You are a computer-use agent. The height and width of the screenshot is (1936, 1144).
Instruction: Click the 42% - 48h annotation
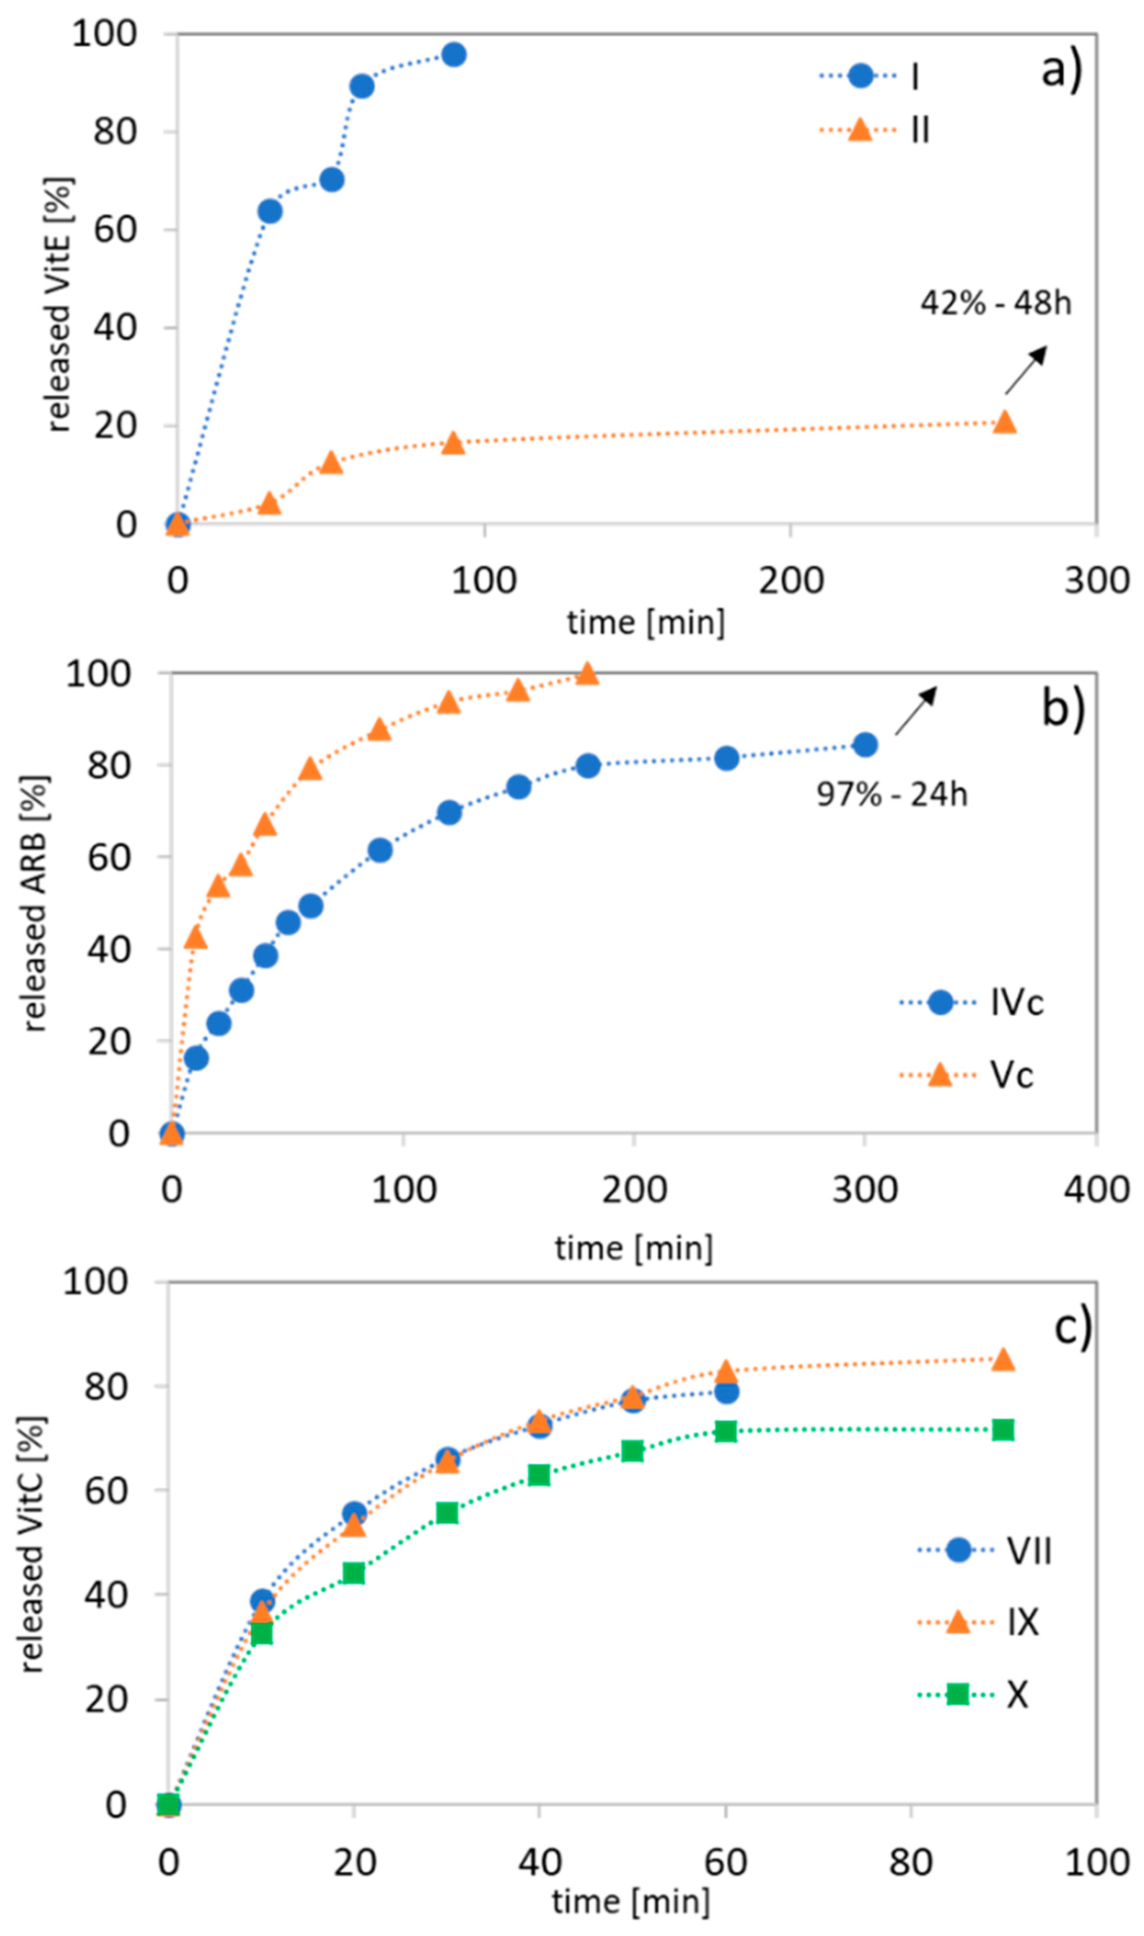[995, 303]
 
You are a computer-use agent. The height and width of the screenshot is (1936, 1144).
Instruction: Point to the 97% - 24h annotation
[892, 794]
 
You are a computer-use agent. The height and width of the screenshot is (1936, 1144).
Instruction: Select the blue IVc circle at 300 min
[865, 745]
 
